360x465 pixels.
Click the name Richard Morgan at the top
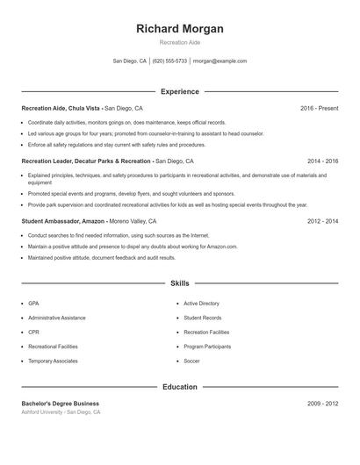(x=180, y=29)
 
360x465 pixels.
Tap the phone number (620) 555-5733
(x=170, y=61)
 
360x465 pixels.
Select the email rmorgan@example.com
(x=220, y=61)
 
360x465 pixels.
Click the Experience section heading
(x=180, y=91)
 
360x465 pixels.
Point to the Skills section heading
(x=180, y=283)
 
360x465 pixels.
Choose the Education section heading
(x=180, y=386)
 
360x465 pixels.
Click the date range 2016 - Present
(x=319, y=108)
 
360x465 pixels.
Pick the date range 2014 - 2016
(x=322, y=161)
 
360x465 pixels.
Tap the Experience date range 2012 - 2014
(x=322, y=222)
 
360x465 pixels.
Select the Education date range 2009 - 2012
(x=322, y=403)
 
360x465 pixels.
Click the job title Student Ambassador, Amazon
(x=62, y=222)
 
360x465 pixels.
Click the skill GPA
(x=33, y=303)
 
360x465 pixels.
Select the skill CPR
(x=33, y=332)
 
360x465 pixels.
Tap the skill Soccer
(x=191, y=361)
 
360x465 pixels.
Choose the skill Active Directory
(x=201, y=303)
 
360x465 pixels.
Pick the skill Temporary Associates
(x=53, y=361)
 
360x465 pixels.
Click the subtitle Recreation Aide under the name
(x=180, y=43)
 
